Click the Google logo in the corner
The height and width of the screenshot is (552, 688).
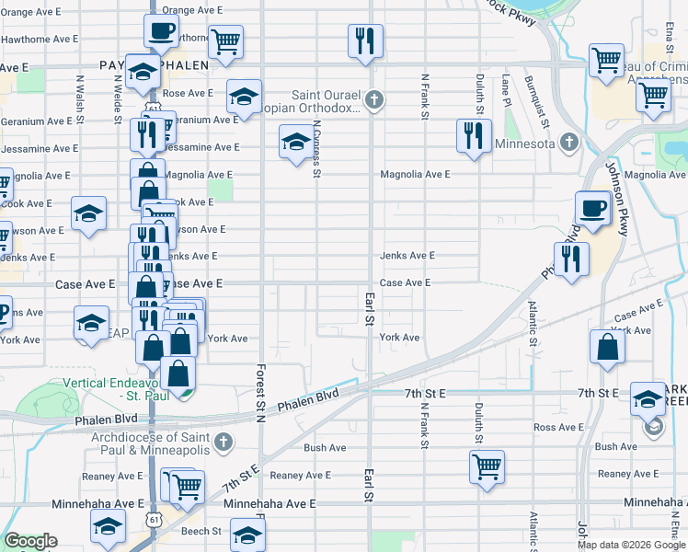pyautogui.click(x=30, y=541)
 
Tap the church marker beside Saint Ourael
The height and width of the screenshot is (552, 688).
pyautogui.click(x=373, y=98)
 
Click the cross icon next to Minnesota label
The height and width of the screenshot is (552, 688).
pyautogui.click(x=569, y=143)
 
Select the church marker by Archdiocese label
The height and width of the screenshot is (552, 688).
pyautogui.click(x=222, y=443)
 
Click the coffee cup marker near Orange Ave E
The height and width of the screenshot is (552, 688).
pyautogui.click(x=161, y=31)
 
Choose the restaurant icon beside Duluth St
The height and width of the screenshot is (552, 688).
pyautogui.click(x=472, y=136)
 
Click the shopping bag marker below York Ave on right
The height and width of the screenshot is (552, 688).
pyautogui.click(x=606, y=348)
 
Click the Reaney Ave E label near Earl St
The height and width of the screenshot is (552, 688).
pyautogui.click(x=300, y=475)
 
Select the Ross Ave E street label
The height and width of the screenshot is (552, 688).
pyautogui.click(x=558, y=427)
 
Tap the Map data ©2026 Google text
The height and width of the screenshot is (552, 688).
pyautogui.click(x=630, y=545)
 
